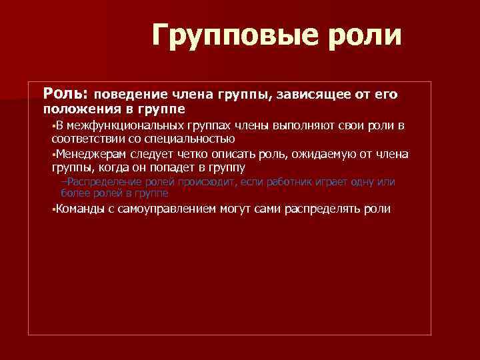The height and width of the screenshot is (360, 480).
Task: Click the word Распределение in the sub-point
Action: point(102,182)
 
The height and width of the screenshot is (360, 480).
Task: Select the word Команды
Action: point(76,209)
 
